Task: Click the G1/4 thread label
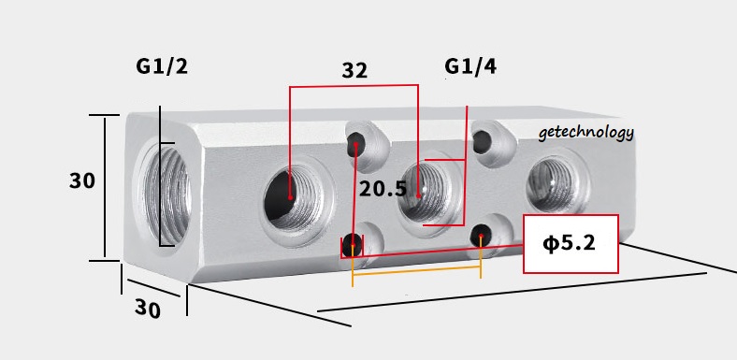(x=470, y=67)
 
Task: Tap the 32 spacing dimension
(x=354, y=70)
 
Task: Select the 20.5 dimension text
(x=383, y=189)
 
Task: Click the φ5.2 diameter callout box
(x=571, y=244)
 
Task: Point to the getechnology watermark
(x=586, y=133)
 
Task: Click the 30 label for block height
(x=82, y=181)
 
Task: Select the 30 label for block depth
(x=147, y=310)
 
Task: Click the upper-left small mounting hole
(x=356, y=144)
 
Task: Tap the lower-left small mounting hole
(x=352, y=245)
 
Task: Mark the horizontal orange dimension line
(x=416, y=277)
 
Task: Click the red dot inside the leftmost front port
(x=292, y=197)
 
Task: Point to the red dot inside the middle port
(x=418, y=195)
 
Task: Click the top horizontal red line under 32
(x=353, y=88)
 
